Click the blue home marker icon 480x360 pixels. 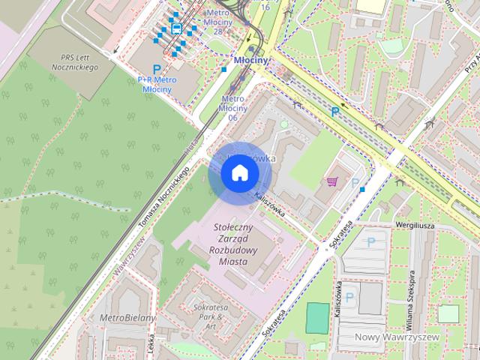click(239, 173)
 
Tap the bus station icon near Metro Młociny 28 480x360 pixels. click(176, 29)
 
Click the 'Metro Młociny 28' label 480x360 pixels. click(217, 22)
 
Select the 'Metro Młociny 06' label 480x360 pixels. click(232, 108)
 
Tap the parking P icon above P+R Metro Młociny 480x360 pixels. click(156, 68)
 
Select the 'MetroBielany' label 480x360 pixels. click(127, 318)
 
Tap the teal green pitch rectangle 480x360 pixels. click(318, 318)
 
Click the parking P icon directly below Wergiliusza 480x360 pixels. click(371, 242)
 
